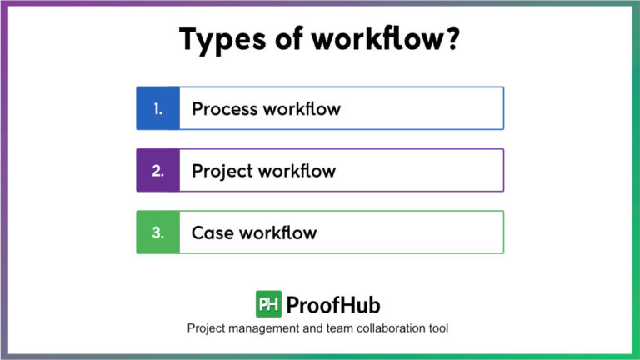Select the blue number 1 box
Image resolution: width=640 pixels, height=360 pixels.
click(157, 108)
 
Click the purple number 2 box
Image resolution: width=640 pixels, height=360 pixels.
click(157, 171)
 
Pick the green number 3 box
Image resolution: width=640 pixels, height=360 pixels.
click(157, 232)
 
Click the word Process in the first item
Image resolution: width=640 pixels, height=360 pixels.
click(223, 108)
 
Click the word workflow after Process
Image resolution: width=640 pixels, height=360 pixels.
click(301, 108)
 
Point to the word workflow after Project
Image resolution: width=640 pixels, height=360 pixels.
click(297, 171)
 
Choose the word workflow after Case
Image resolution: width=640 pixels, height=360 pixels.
click(278, 232)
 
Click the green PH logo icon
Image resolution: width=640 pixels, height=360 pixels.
click(268, 304)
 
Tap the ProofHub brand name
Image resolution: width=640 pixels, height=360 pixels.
click(333, 304)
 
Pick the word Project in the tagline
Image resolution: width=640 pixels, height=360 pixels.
click(212, 328)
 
